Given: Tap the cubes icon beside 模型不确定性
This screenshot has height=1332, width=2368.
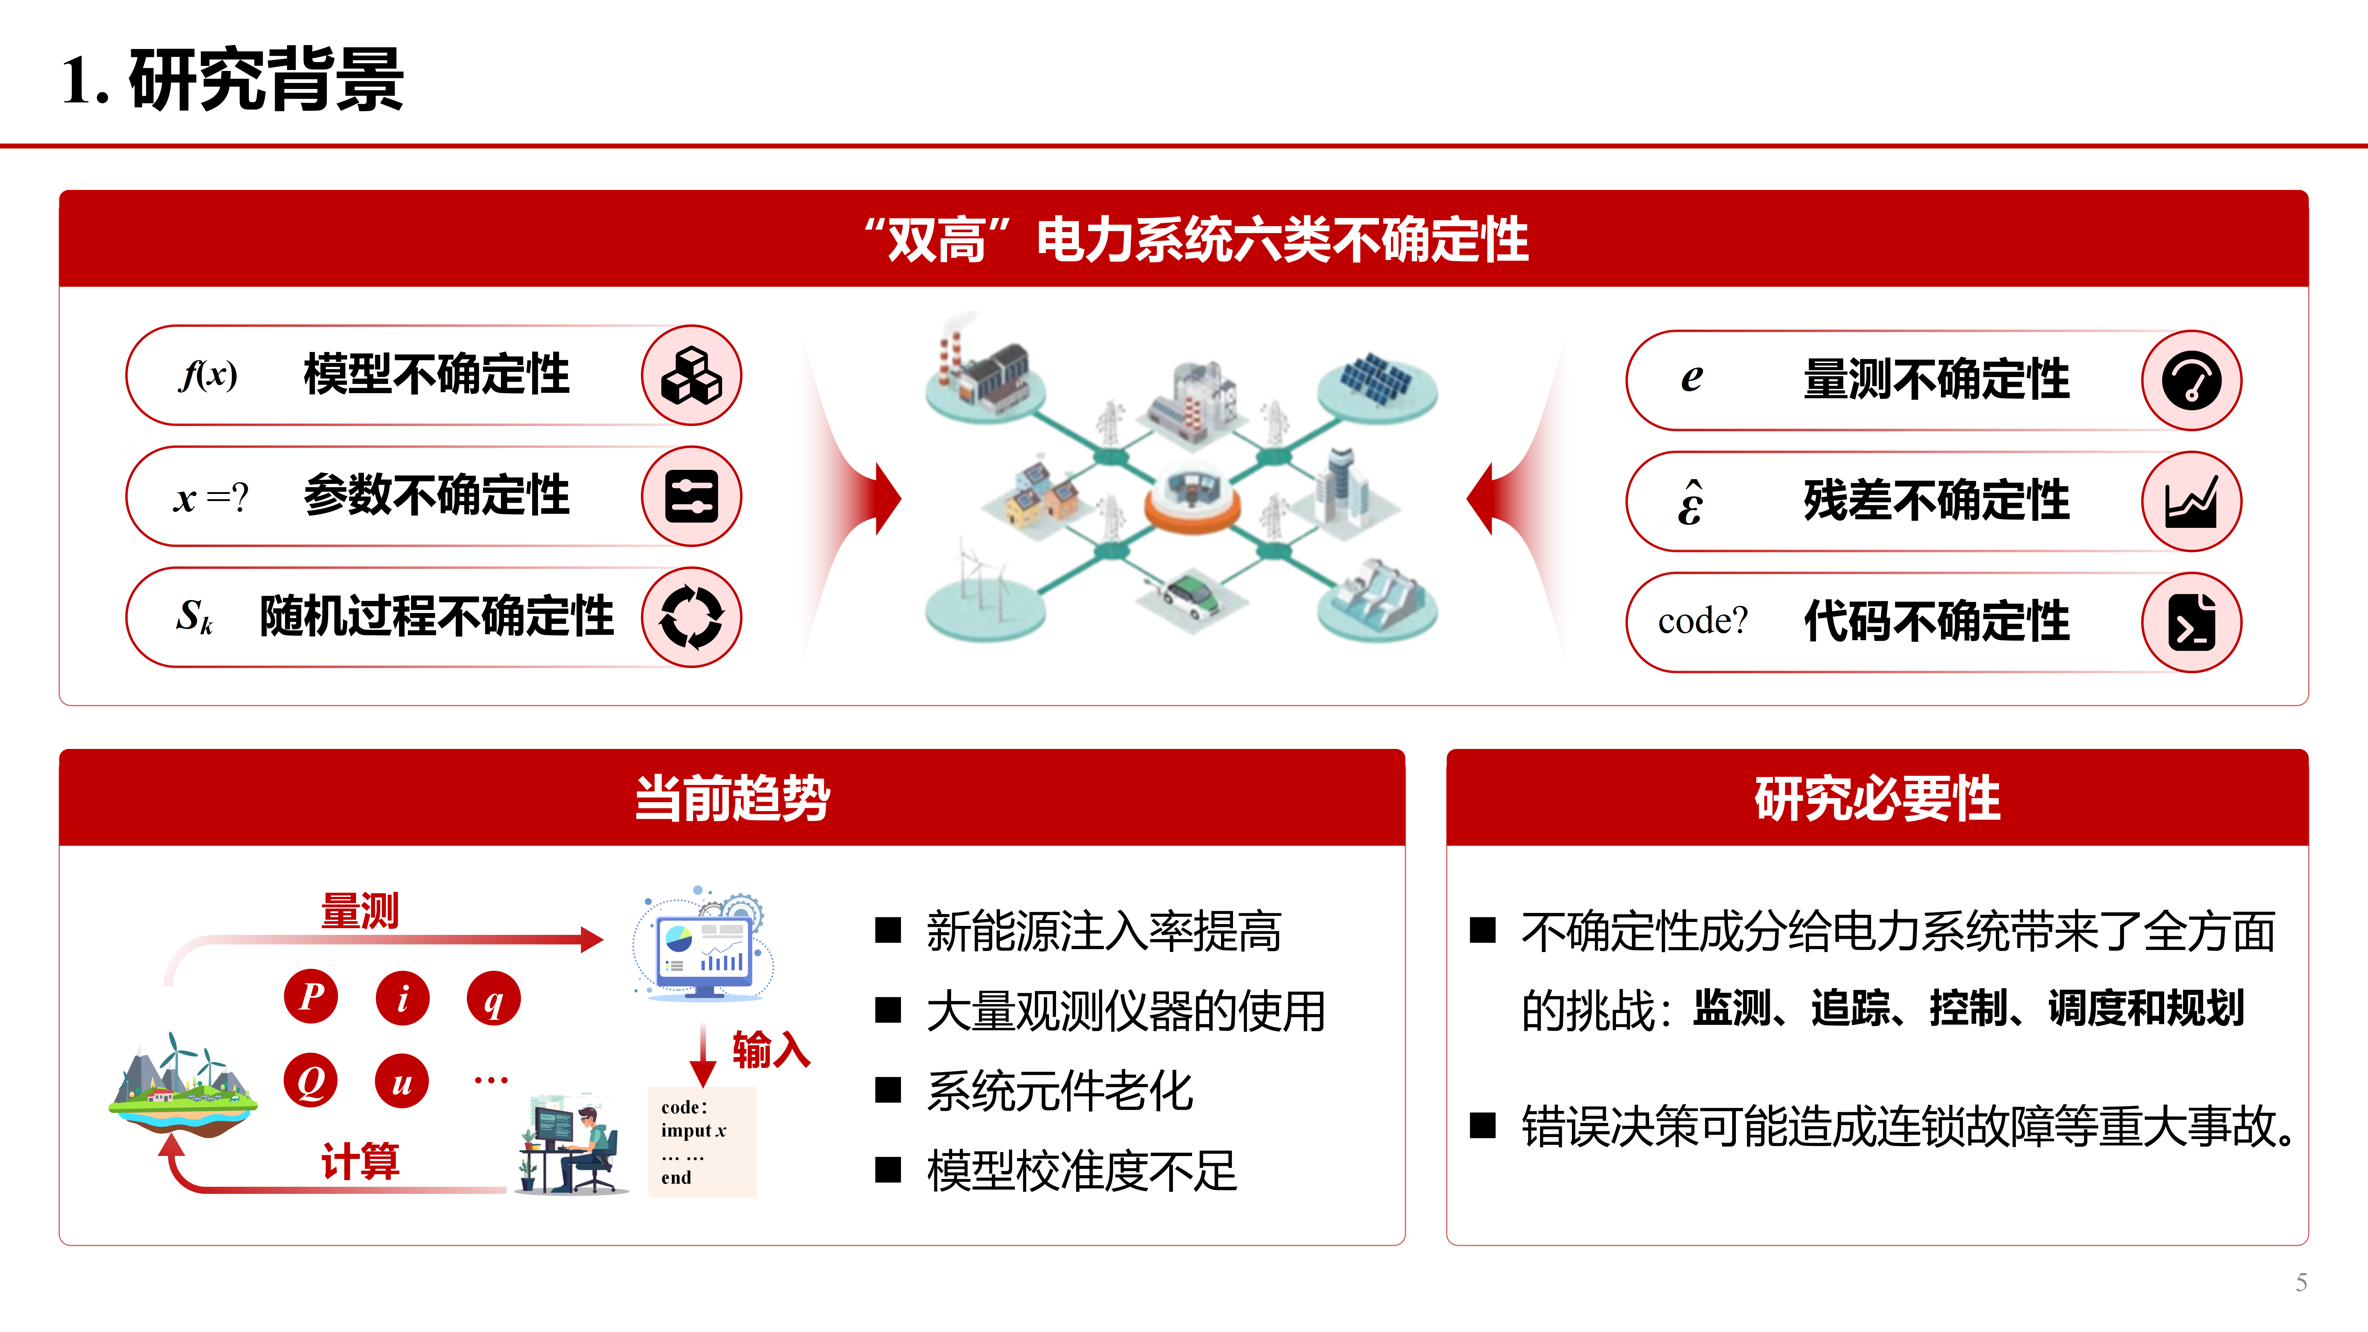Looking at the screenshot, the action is click(691, 375).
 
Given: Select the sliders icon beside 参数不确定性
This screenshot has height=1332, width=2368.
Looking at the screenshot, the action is click(691, 496).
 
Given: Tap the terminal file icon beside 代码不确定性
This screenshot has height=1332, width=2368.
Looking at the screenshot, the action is click(2192, 622).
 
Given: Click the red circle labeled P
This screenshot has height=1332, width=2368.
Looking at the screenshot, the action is click(311, 997).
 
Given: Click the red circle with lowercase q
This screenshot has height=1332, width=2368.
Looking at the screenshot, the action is click(494, 998).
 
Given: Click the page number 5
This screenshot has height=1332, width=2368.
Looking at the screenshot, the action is click(2301, 1282).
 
